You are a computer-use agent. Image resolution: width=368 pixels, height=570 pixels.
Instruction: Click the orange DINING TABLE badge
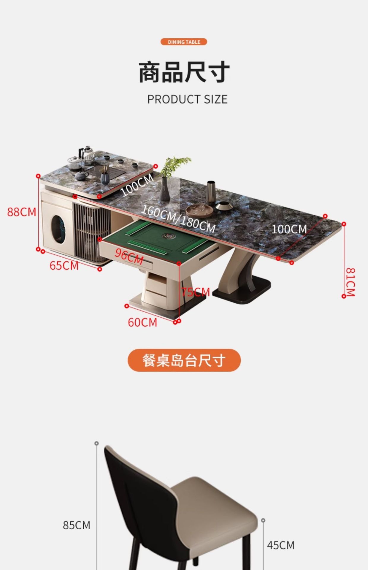(x=184, y=42)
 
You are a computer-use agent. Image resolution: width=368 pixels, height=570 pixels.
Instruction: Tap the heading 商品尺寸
(x=184, y=72)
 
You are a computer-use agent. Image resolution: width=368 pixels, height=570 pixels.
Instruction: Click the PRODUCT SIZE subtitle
(x=187, y=99)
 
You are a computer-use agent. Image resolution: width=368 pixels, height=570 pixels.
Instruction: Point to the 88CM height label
(x=22, y=212)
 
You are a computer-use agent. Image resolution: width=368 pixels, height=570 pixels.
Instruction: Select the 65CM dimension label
(x=64, y=265)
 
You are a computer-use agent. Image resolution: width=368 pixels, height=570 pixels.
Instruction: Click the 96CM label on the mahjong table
(x=129, y=256)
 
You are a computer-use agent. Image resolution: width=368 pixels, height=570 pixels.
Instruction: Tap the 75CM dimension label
(x=196, y=292)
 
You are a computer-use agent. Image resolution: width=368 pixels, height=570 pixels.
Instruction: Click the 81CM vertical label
(x=350, y=282)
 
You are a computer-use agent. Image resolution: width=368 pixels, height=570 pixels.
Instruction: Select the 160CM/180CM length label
(x=178, y=219)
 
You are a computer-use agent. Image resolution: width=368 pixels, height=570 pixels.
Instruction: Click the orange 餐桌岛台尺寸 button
(x=184, y=360)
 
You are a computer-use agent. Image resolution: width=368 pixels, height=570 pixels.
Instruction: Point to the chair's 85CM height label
(x=77, y=525)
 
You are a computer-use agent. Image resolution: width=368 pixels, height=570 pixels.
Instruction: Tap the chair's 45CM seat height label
(x=280, y=545)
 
